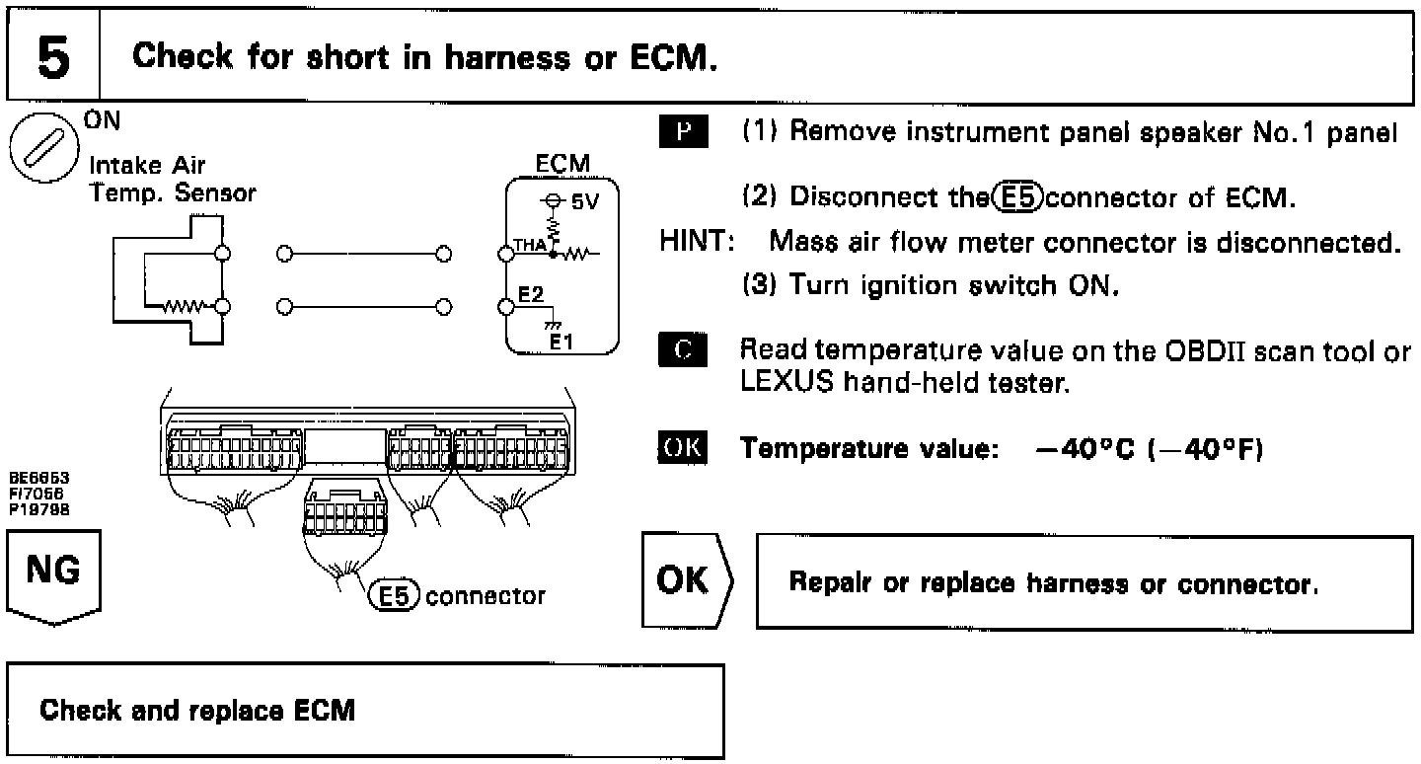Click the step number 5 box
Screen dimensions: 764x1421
pyautogui.click(x=53, y=57)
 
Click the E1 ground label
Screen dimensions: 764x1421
pyautogui.click(x=561, y=343)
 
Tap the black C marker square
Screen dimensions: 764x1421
pyautogui.click(x=681, y=351)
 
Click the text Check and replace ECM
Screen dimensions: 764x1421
pyautogui.click(x=197, y=711)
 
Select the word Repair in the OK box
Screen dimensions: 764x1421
pyautogui.click(x=827, y=583)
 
